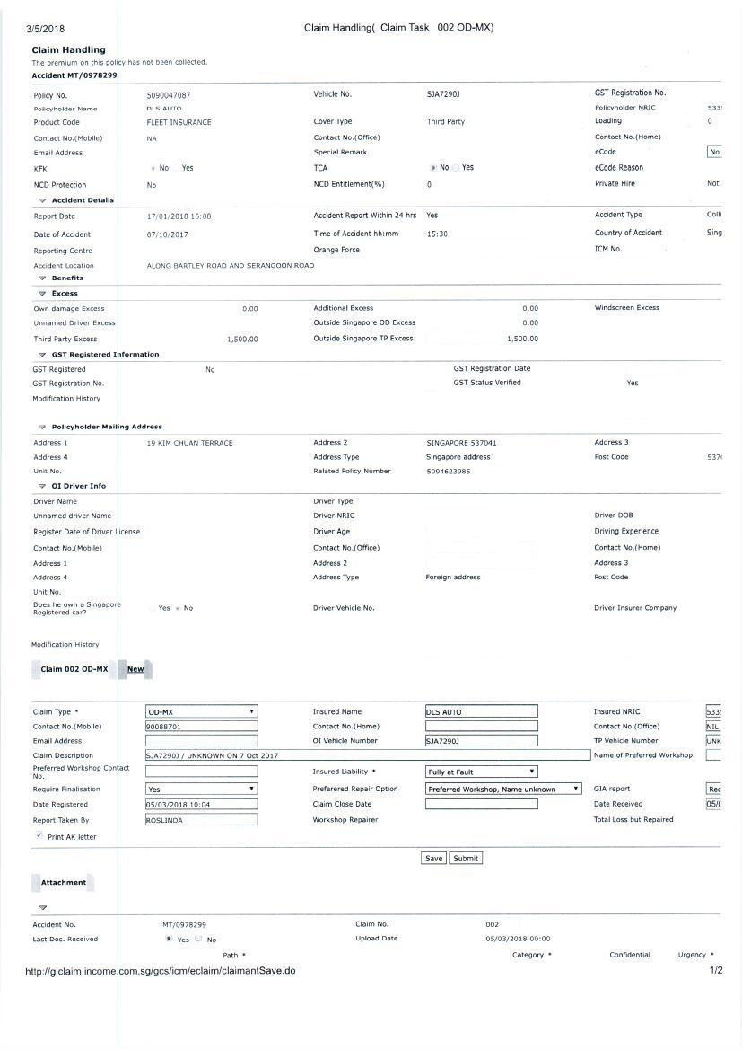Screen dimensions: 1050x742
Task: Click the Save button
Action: pyautogui.click(x=433, y=858)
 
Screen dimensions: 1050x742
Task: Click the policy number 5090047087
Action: pyautogui.click(x=169, y=94)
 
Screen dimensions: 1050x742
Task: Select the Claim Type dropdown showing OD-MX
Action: pyautogui.click(x=201, y=711)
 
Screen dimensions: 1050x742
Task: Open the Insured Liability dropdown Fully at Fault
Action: pyautogui.click(x=481, y=772)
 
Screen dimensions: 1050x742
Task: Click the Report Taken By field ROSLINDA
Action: pyautogui.click(x=201, y=819)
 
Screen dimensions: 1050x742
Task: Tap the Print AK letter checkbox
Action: pyautogui.click(x=39, y=835)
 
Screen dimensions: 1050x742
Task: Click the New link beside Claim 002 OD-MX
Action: pyautogui.click(x=135, y=669)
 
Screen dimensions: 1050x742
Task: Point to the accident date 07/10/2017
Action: pyautogui.click(x=167, y=234)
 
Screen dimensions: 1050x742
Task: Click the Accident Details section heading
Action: pyautogui.click(x=83, y=200)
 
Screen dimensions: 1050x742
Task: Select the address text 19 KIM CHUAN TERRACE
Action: pyautogui.click(x=189, y=443)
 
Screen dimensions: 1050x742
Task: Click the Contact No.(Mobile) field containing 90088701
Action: pyautogui.click(x=201, y=726)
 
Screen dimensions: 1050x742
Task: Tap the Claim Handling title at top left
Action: pyautogui.click(x=68, y=49)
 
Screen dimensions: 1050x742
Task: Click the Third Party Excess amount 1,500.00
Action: pyautogui.click(x=242, y=340)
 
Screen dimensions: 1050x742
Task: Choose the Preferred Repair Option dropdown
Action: pyautogui.click(x=503, y=789)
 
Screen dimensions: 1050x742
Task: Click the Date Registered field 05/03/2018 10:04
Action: pyautogui.click(x=201, y=805)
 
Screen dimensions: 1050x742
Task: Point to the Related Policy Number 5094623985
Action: pyautogui.click(x=449, y=471)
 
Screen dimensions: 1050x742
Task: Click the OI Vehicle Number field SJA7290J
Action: pyautogui.click(x=481, y=741)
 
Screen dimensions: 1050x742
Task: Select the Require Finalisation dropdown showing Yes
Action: pyautogui.click(x=201, y=789)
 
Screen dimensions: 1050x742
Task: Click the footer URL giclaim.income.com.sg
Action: pyautogui.click(x=161, y=971)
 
